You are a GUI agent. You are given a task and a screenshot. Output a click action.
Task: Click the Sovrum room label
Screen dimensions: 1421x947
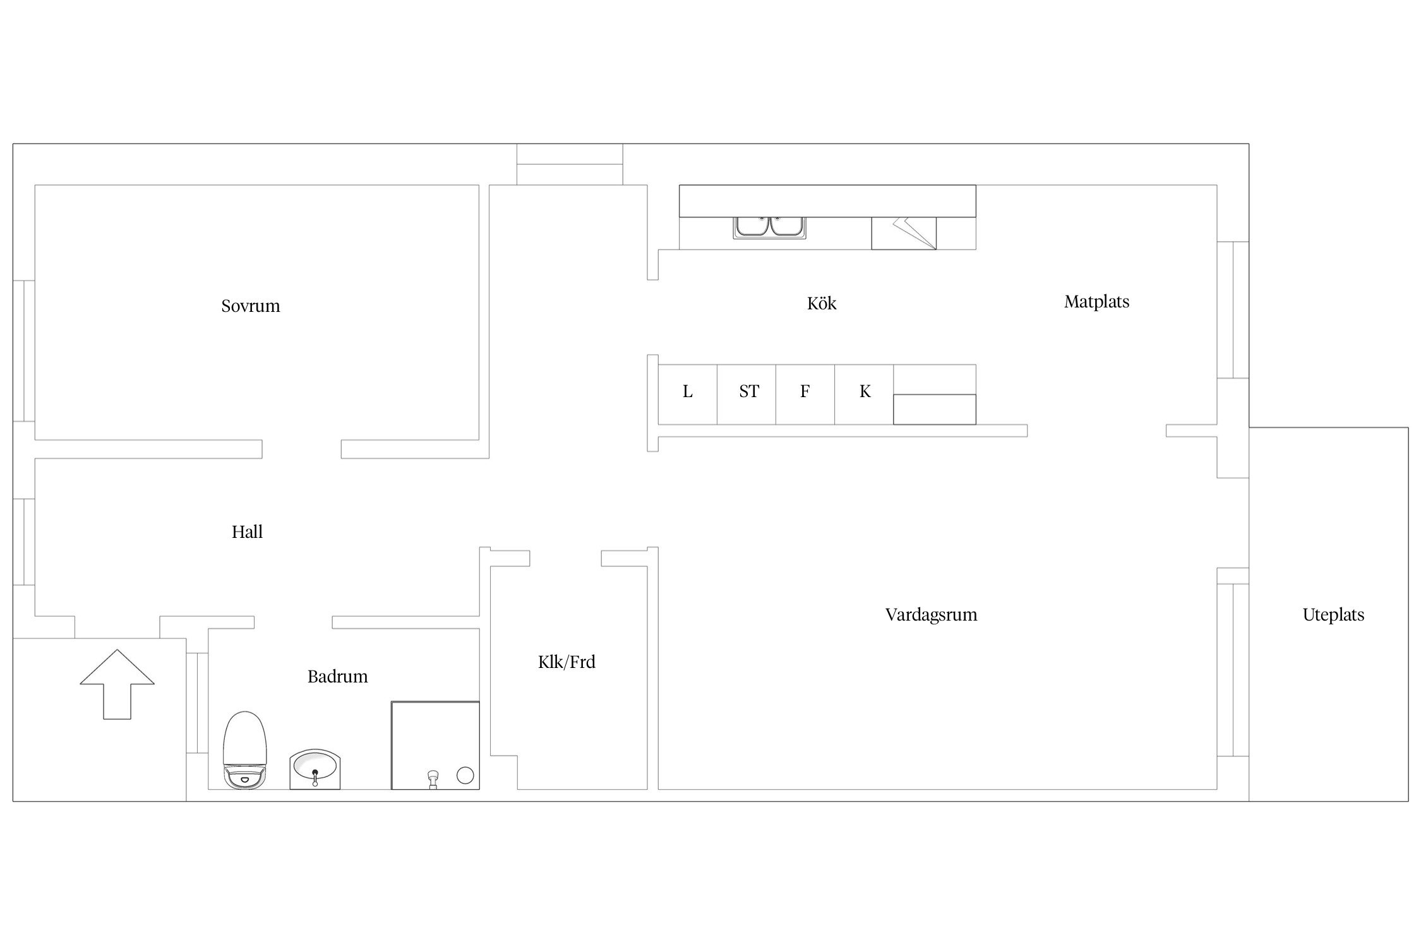[250, 306]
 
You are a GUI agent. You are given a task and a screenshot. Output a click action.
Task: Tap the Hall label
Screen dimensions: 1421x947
[247, 532]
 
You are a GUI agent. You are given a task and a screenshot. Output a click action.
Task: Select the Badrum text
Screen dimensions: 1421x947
[337, 677]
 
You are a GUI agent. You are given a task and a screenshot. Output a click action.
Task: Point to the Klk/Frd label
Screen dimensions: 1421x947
[567, 662]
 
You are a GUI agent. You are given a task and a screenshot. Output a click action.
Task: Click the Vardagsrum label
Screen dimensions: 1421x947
[931, 615]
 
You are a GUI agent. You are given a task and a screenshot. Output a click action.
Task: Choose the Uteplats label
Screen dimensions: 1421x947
[1333, 615]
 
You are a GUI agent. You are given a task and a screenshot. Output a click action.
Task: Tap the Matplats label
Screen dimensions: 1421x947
[1096, 302]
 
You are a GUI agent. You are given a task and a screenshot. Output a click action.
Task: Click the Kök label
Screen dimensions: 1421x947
[822, 304]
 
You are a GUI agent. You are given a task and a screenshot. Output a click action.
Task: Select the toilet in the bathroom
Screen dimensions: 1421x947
[245, 750]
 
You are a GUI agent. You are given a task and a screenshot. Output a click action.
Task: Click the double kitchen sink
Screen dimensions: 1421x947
[769, 227]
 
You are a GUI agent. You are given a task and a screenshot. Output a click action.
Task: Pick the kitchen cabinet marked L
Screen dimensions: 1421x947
[687, 394]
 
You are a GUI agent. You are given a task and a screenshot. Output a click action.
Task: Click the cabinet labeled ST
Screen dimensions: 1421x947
[746, 394]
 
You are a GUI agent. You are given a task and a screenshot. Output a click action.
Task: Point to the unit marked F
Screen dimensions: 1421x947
[805, 394]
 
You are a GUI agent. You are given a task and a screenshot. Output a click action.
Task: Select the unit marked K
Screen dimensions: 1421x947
[864, 394]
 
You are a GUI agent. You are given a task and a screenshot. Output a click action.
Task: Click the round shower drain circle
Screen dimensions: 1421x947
[465, 775]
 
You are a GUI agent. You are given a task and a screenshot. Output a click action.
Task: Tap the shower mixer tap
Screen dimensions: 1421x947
[433, 779]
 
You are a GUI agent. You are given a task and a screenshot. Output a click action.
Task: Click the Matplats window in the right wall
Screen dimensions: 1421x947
[1233, 310]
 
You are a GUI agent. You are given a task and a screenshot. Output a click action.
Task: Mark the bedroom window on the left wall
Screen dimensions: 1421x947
[24, 351]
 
